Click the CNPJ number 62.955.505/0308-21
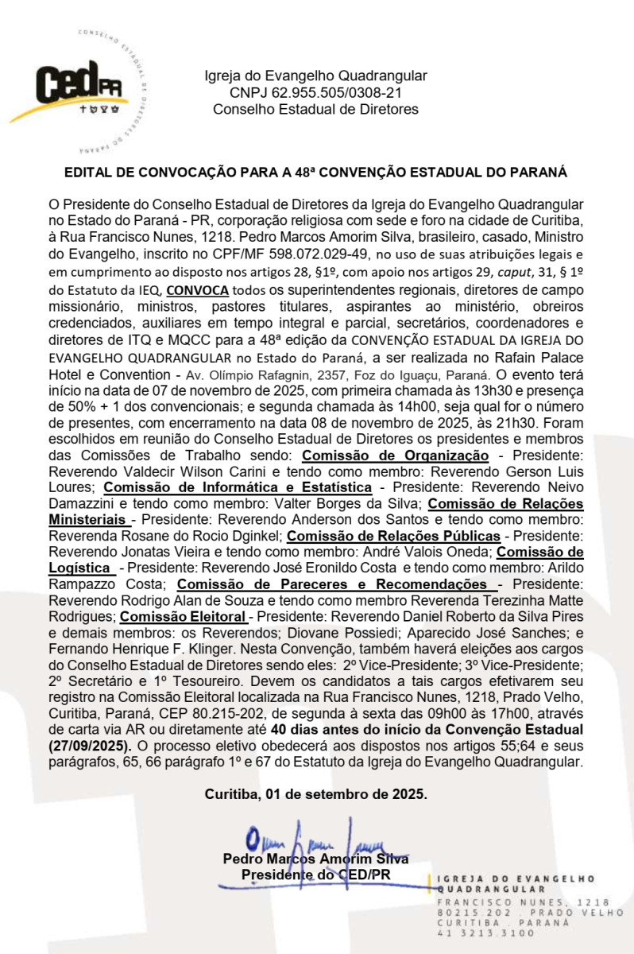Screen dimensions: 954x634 click(x=315, y=93)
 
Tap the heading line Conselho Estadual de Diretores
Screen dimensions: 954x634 click(x=315, y=110)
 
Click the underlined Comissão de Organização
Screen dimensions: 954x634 click(x=395, y=456)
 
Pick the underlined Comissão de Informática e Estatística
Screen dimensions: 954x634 click(x=238, y=487)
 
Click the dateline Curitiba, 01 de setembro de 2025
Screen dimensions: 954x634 click(x=315, y=793)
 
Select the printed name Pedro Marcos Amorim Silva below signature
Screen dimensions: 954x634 click(x=315, y=859)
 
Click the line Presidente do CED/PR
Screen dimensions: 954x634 click(x=315, y=874)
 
